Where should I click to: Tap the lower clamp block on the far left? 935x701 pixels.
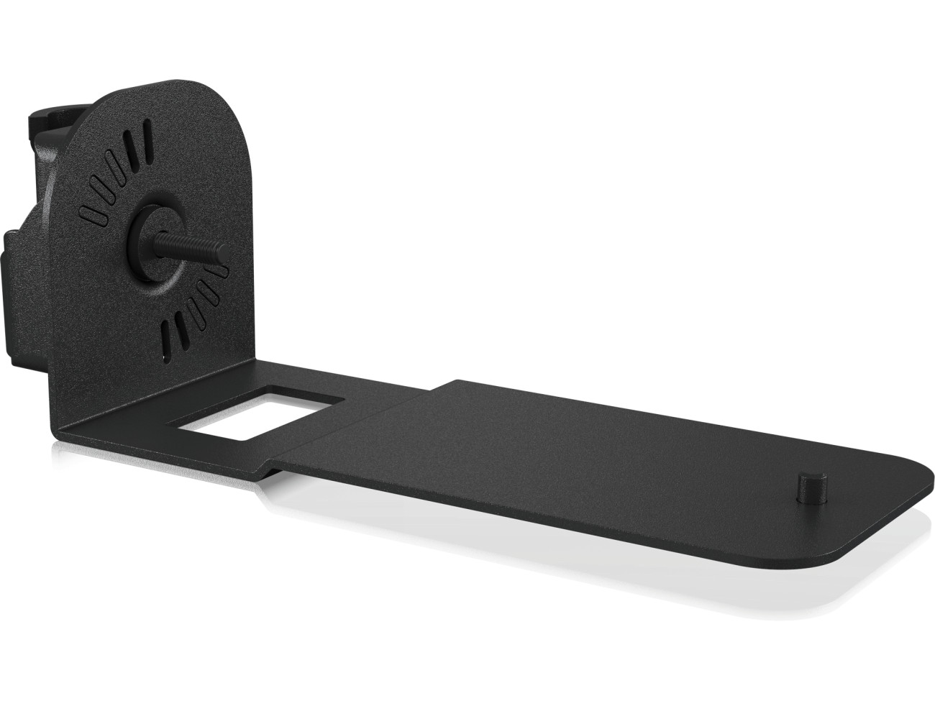(x=22, y=302)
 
